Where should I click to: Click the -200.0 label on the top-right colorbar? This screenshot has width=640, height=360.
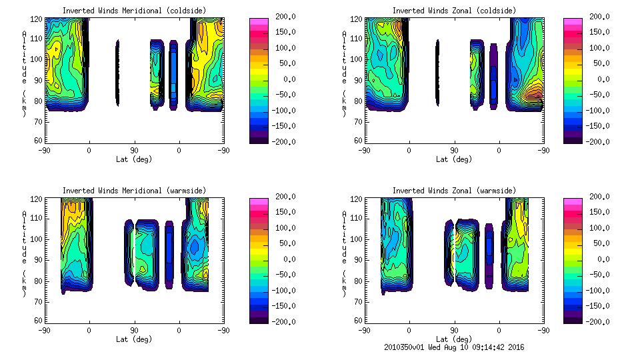point(595,141)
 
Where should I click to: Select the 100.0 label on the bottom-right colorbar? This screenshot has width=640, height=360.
point(597,227)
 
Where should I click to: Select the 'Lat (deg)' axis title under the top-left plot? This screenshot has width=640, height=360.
point(134,159)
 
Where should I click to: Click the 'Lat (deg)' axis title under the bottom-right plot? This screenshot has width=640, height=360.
point(453,339)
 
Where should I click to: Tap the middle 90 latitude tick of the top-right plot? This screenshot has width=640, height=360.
point(454,151)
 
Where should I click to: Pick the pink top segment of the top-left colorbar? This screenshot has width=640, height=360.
point(259,23)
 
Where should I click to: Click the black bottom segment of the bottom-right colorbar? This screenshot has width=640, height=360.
point(573,318)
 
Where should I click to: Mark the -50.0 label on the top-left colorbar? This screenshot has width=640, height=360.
point(281,95)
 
